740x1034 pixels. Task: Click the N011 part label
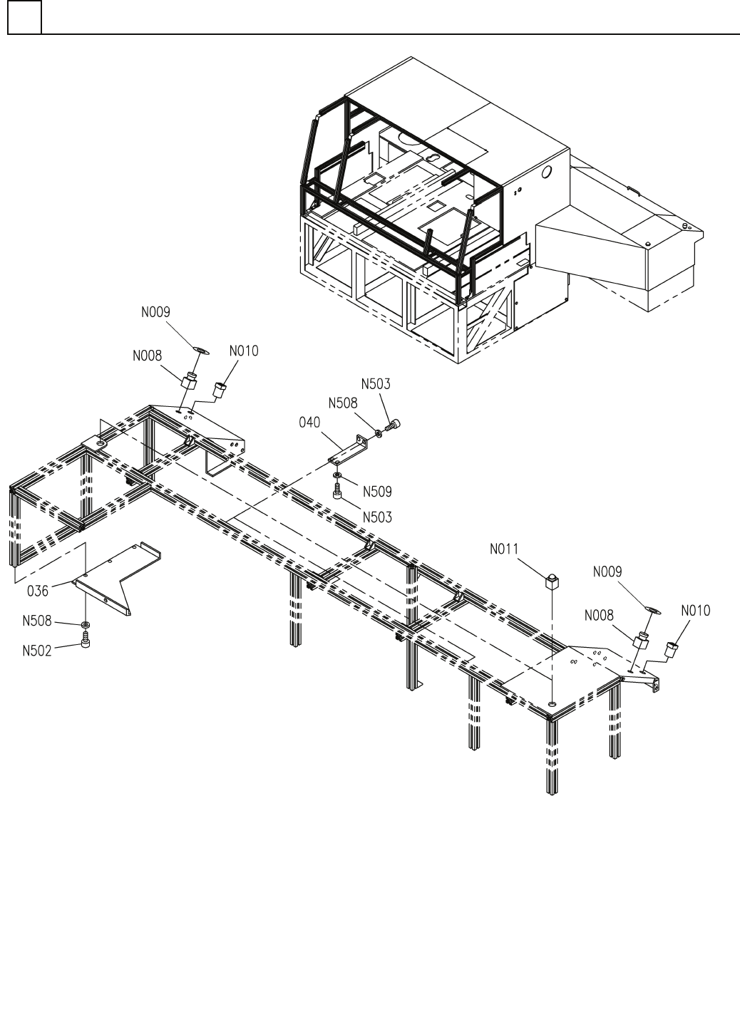(505, 549)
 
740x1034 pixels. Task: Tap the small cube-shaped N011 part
(551, 581)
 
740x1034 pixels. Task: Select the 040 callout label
(310, 424)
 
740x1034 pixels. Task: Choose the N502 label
(37, 651)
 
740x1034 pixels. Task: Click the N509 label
(377, 491)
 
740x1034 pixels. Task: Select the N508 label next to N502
(37, 621)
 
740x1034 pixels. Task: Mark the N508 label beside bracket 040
(343, 403)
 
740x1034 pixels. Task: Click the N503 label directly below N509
(377, 517)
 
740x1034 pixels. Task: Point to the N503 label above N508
(376, 383)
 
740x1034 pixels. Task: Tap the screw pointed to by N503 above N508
(393, 425)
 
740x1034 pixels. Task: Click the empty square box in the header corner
(25, 17)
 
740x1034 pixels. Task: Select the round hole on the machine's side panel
(547, 172)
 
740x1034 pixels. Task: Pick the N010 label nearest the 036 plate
(244, 351)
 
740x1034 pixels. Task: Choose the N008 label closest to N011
(599, 615)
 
